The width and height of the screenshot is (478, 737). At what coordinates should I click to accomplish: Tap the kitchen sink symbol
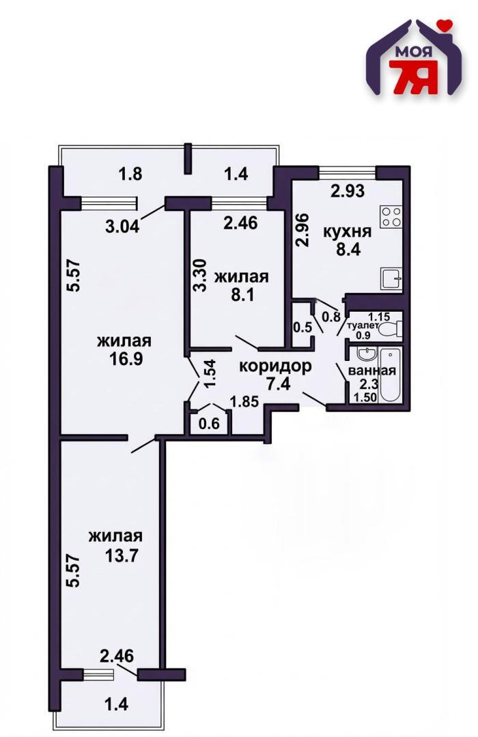(x=391, y=278)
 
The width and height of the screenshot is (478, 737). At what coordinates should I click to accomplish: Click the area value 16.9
(x=124, y=359)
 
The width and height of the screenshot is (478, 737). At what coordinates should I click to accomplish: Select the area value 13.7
(x=122, y=555)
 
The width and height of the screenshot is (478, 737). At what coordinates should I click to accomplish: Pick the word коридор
(x=275, y=366)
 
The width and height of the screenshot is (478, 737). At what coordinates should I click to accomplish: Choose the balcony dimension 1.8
(x=130, y=174)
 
